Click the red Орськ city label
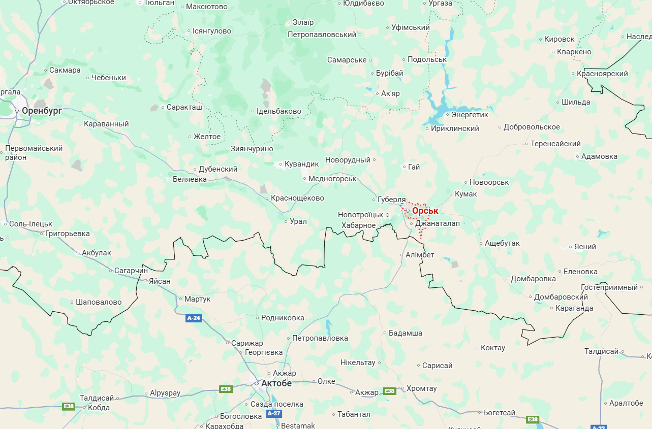[x=425, y=211]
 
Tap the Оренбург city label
[x=42, y=110]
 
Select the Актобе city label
[x=276, y=383]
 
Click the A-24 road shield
[x=194, y=318]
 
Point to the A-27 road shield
[x=274, y=413]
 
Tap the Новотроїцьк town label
[x=360, y=215]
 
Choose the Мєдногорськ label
[x=332, y=179]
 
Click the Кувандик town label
[x=301, y=164]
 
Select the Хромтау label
[x=421, y=388]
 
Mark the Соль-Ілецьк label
[x=30, y=223]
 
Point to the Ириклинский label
[x=455, y=128]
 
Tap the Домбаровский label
[x=561, y=297]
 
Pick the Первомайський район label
[x=34, y=153]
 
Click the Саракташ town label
[x=184, y=107]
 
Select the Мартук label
[x=197, y=299]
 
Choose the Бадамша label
[x=405, y=333]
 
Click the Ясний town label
[x=585, y=247]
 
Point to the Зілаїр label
[x=303, y=22]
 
